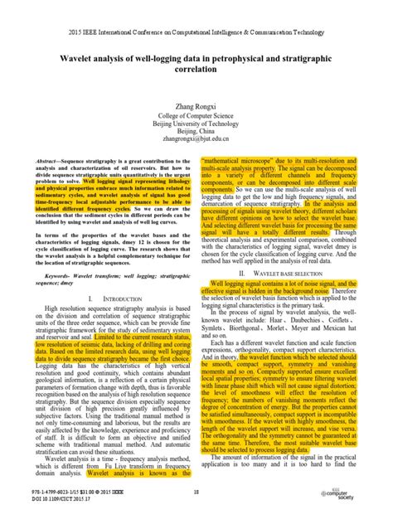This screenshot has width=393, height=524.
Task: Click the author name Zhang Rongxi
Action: click(196, 104)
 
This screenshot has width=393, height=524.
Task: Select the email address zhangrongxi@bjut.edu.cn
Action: click(196, 139)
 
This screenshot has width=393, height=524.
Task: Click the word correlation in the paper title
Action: click(196, 71)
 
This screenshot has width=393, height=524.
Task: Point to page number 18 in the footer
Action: click(196, 492)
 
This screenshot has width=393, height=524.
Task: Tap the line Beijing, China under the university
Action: click(196, 130)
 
